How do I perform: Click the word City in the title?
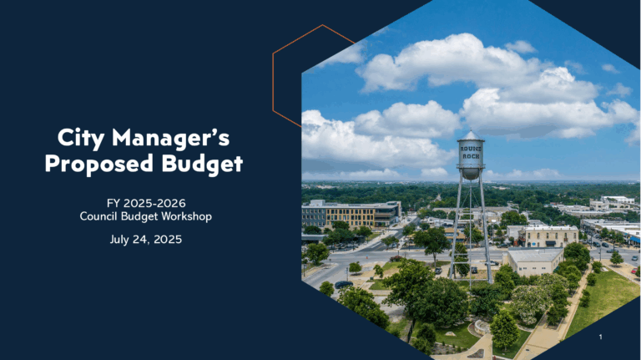point(81,138)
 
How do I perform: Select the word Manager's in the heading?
point(171,137)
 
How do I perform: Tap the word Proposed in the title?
point(99,163)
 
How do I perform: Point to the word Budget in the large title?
point(202,164)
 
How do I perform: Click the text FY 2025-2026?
point(146,203)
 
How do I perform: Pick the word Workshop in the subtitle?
point(187,216)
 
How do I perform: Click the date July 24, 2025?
point(146,240)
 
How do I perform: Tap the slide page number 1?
point(601,337)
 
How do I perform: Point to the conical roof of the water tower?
point(471,135)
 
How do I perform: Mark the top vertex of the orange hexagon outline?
point(322,25)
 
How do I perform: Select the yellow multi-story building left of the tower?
point(351,214)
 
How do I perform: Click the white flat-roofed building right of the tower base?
point(535,261)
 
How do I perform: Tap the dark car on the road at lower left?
point(343,284)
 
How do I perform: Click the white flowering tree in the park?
point(529,302)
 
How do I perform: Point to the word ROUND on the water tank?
point(471,149)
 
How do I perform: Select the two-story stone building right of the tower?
point(548,236)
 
